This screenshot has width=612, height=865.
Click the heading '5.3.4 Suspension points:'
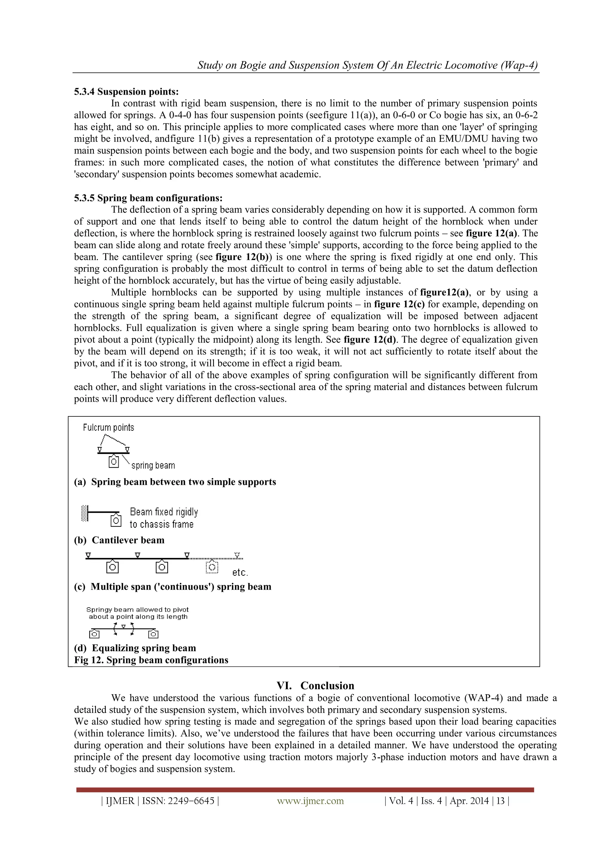click(x=126, y=92)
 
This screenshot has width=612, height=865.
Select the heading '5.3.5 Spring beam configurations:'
click(x=148, y=198)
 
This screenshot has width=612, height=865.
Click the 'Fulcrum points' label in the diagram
click(x=108, y=428)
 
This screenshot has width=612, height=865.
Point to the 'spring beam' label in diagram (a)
click(x=153, y=466)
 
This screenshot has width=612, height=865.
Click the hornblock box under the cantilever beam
click(x=116, y=521)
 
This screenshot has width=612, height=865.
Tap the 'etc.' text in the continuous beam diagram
click(x=240, y=573)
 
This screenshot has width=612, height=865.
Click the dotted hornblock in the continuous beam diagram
click(x=212, y=567)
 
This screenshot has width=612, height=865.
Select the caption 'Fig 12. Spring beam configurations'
click(x=151, y=660)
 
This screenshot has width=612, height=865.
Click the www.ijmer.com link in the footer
click(x=310, y=801)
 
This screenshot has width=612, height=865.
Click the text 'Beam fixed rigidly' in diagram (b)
click(x=164, y=512)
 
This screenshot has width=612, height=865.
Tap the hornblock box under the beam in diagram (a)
click(x=114, y=461)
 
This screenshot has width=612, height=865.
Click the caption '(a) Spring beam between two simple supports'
click(x=175, y=482)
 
